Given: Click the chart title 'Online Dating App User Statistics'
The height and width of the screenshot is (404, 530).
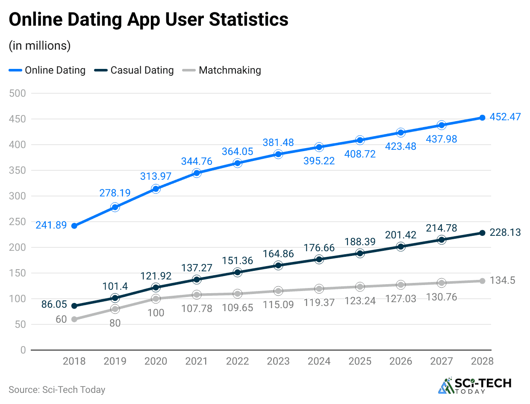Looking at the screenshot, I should pos(148,20).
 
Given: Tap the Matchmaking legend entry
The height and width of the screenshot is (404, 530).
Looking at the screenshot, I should pos(223,70).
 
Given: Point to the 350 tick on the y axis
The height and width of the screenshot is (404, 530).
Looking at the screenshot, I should pos(17,170).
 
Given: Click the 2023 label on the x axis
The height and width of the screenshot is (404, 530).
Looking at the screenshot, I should pos(278,361).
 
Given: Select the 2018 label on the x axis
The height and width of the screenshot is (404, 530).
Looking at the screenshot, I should pos(74,361).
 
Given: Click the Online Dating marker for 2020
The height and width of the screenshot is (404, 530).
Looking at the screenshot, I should pos(156,189).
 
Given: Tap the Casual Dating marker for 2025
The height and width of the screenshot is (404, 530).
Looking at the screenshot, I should pos(360,253).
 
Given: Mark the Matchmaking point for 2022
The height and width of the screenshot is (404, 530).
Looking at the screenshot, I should pos(238,294).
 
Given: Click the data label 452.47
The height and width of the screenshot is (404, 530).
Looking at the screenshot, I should pos(504,116).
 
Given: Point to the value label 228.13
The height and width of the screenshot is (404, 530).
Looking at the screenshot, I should pos(504,232).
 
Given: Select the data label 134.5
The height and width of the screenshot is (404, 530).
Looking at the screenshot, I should pos(502,280).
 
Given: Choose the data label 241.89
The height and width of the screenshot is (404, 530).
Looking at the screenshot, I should pos(51,225).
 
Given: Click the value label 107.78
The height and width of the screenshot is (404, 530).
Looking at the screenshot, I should pos(197,308).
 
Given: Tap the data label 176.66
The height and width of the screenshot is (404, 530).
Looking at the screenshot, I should pos(319,247).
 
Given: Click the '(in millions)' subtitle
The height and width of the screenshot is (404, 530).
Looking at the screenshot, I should pos(39,45).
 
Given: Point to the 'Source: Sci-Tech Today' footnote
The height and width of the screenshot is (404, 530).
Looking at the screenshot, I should pos(56,389).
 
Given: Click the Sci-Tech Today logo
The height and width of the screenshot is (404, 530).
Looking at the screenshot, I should pos(475,385).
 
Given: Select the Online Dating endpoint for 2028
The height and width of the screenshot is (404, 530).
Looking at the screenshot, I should pos(482,118).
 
